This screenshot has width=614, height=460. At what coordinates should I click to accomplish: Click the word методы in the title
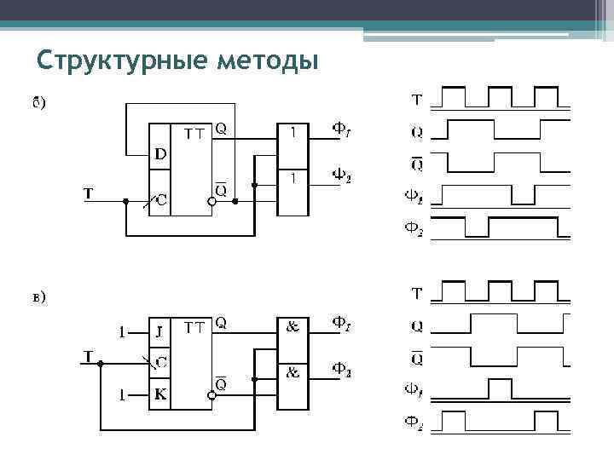(x=268, y=61)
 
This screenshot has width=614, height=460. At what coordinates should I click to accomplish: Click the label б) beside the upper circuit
(x=39, y=104)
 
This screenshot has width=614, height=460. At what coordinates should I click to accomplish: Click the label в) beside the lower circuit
(x=39, y=297)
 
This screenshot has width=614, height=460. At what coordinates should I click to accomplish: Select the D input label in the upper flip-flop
(x=160, y=154)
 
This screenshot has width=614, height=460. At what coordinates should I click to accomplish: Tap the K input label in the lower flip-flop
(x=160, y=395)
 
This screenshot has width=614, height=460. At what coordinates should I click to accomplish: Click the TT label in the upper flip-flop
(x=195, y=132)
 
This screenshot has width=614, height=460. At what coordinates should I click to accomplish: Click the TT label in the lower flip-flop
(x=195, y=326)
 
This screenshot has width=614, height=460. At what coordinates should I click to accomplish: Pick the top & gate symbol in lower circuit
(x=293, y=326)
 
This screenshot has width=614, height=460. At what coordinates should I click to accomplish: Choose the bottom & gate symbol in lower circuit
(x=293, y=372)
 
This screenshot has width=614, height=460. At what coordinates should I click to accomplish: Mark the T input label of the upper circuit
(x=89, y=193)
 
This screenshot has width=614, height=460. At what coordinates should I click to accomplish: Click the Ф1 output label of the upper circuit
(x=341, y=132)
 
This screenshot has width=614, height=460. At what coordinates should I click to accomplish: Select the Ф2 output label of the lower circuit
(x=341, y=371)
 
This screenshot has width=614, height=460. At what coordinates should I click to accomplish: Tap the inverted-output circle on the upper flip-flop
(x=211, y=202)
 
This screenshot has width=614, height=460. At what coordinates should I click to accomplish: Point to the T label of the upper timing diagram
(x=416, y=101)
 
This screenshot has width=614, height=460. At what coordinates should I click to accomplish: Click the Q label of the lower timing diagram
(x=416, y=326)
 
